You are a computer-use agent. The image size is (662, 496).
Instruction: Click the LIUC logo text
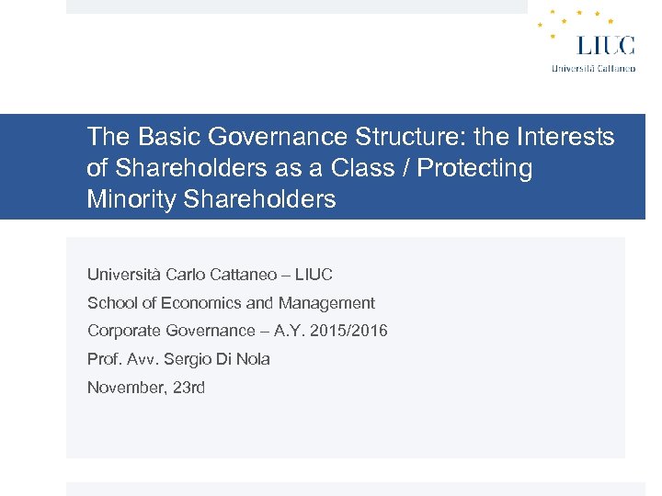605,44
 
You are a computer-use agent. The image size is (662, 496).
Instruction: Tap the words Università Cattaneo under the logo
593,68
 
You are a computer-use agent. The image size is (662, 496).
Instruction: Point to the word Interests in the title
565,138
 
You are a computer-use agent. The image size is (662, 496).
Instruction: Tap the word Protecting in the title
475,169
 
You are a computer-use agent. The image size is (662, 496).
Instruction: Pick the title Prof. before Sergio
104,359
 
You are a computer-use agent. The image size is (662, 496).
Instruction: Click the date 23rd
188,388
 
